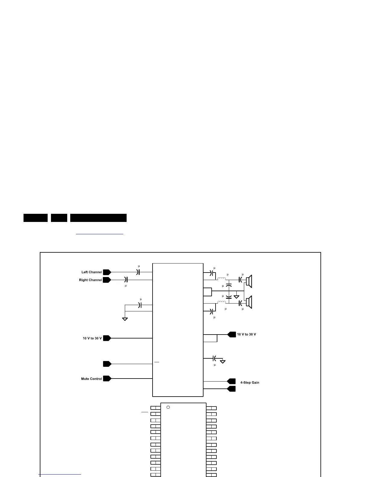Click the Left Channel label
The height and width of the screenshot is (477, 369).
click(92, 272)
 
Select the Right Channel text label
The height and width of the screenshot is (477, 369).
click(90, 280)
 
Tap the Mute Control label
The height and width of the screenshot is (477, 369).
click(91, 379)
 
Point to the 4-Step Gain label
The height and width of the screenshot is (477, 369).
click(250, 383)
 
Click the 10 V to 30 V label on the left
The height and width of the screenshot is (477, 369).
click(92, 338)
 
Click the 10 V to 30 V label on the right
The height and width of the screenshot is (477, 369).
click(246, 335)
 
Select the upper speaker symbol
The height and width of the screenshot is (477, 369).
click(249, 281)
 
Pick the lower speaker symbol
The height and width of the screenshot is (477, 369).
click(249, 302)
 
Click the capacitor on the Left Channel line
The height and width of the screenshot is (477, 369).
click(138, 272)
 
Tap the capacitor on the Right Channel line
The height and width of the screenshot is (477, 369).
click(126, 280)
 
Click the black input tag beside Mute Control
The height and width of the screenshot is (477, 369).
click(107, 379)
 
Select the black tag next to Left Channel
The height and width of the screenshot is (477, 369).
click(107, 272)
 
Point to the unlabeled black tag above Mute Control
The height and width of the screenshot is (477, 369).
click(107, 364)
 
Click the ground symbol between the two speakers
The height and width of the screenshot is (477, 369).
click(236, 297)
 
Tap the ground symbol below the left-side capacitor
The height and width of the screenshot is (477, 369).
click(125, 319)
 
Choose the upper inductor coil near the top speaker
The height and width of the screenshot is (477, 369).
click(222, 279)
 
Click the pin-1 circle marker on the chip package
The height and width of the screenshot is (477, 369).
click(168, 407)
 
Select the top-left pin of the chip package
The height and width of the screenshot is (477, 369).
click(155, 408)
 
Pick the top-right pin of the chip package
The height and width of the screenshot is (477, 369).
click(212, 408)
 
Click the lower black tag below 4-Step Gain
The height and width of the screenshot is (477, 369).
click(232, 389)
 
